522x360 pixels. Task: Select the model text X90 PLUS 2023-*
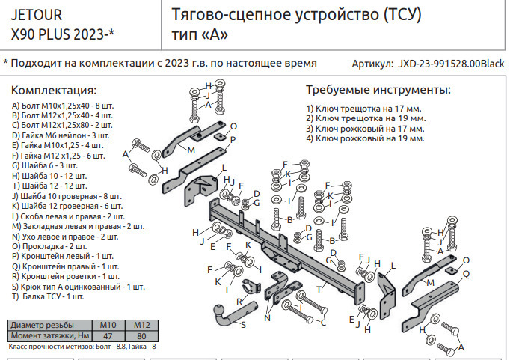(64, 34)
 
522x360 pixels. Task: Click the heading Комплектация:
(54, 90)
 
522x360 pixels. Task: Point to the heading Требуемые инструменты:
(378, 90)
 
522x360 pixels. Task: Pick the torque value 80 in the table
(142, 336)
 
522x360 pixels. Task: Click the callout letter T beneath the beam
(319, 288)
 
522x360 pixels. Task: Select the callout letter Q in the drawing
(467, 274)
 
